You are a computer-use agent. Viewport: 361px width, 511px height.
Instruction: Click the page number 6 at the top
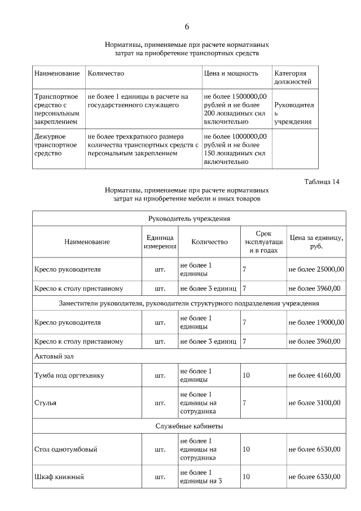tap(187, 27)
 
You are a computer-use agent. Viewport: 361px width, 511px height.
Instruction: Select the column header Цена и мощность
tap(231, 73)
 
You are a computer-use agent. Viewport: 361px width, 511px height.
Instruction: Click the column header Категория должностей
tap(292, 77)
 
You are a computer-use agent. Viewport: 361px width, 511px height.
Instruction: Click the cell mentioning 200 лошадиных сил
tap(235, 108)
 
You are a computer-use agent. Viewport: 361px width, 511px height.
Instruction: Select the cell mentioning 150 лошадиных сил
tap(235, 149)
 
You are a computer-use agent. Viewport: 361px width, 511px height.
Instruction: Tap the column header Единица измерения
tap(160, 242)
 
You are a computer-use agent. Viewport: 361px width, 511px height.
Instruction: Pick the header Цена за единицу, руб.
tap(316, 242)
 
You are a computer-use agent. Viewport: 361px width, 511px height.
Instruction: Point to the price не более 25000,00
tap(316, 269)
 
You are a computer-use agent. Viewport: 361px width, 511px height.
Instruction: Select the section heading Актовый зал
tap(55, 357)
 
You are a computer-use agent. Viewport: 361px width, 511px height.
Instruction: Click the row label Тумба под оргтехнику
tap(69, 375)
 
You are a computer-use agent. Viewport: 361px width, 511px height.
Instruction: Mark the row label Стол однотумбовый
tap(66, 449)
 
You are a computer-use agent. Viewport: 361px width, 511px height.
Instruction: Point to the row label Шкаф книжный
tap(59, 477)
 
